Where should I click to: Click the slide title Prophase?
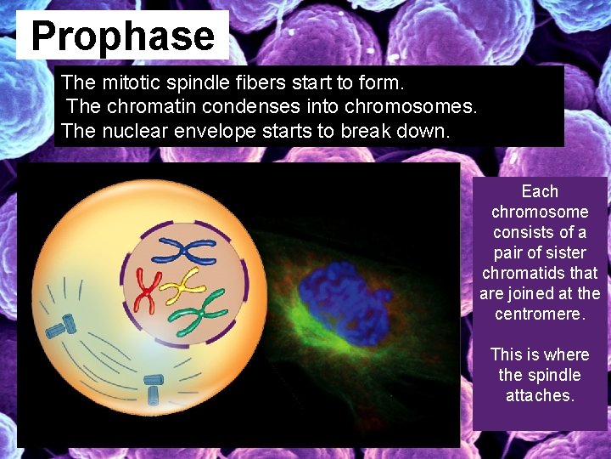[123, 37]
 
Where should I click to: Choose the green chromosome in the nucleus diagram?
[197, 312]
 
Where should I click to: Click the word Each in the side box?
[540, 191]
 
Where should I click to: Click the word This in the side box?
[507, 354]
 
